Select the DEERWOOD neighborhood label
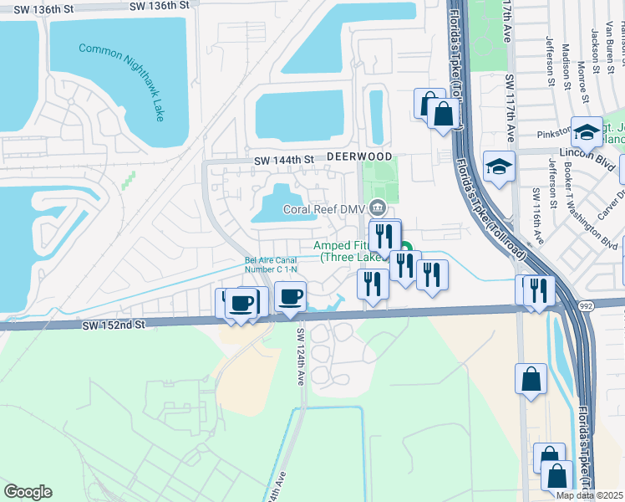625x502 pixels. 358,156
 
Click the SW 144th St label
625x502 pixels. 283,159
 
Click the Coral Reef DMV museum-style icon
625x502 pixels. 378,207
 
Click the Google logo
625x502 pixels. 28,491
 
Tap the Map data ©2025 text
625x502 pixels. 590,495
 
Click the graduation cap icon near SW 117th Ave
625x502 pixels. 499,167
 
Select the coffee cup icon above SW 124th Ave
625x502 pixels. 290,297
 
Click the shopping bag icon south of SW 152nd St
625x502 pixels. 531,381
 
